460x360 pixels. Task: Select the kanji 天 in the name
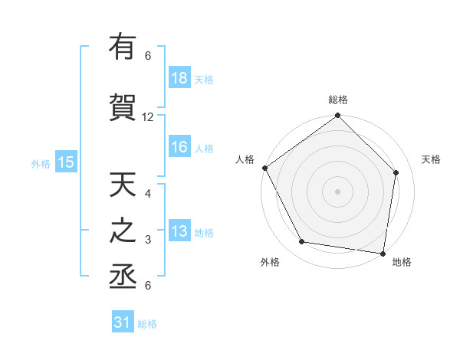[123, 186]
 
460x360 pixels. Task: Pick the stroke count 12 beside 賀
[148, 117]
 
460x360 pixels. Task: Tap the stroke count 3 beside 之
[148, 240]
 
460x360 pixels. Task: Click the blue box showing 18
[179, 78]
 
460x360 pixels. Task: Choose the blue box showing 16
[179, 148]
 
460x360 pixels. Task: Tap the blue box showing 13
[179, 232]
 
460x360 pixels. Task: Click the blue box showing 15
[65, 162]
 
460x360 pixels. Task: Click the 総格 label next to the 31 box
[147, 324]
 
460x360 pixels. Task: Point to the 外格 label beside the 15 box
[41, 163]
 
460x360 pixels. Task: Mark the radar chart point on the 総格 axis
[338, 116]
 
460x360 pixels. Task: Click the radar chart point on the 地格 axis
[383, 253]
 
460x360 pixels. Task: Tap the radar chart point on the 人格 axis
[265, 168]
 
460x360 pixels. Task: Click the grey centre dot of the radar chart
[338, 191]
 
